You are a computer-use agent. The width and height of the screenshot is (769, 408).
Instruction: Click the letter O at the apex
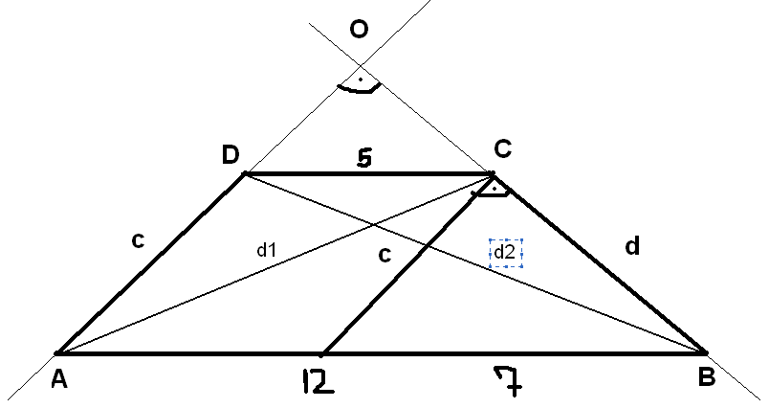click(x=359, y=29)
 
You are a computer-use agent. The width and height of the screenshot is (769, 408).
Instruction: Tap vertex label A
click(x=59, y=379)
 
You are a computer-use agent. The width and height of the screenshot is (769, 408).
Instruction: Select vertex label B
click(x=706, y=377)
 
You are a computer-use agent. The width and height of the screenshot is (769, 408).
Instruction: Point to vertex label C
click(x=503, y=148)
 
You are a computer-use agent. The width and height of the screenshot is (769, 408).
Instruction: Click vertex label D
click(x=231, y=154)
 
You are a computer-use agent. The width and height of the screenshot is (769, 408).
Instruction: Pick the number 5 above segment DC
click(x=364, y=158)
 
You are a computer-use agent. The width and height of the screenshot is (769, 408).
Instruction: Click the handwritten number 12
click(x=318, y=382)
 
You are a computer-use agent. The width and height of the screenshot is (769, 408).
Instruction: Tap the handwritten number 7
click(x=508, y=381)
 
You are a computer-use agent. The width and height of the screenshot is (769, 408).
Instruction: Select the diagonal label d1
click(x=267, y=250)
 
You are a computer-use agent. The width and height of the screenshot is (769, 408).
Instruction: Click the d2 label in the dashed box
click(x=505, y=252)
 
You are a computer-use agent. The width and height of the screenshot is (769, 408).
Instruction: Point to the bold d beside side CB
click(x=632, y=245)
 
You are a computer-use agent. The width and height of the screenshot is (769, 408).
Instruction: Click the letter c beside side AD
click(x=139, y=240)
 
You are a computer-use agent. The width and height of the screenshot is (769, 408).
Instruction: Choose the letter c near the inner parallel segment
click(x=385, y=255)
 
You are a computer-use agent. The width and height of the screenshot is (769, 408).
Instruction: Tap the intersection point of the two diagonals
click(x=374, y=225)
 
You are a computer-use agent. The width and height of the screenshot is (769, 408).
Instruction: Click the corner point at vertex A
click(x=57, y=353)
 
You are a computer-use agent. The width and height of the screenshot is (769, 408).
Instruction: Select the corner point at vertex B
click(x=705, y=352)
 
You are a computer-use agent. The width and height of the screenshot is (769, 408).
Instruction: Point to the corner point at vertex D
click(x=245, y=173)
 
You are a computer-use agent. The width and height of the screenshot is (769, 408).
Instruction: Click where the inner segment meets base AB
click(x=322, y=353)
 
